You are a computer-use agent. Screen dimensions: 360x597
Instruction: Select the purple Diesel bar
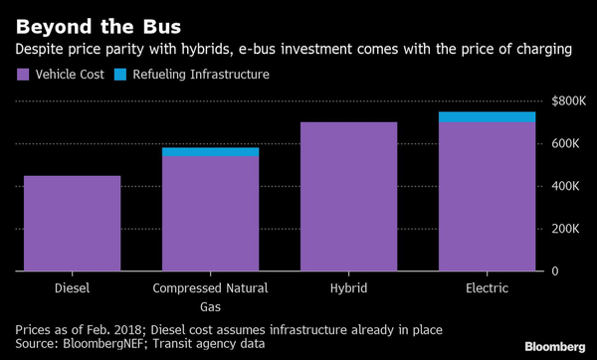click(x=72, y=224)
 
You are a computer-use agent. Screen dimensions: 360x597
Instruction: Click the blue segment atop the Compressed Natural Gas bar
click(x=210, y=152)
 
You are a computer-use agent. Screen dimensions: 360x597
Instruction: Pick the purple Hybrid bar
click(x=348, y=197)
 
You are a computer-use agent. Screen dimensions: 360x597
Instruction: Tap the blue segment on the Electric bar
click(x=488, y=117)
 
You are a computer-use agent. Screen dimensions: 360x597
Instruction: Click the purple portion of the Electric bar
click(x=488, y=197)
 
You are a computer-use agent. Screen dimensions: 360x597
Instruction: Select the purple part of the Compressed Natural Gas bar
click(x=210, y=214)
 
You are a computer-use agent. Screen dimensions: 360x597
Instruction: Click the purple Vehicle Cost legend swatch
click(x=23, y=75)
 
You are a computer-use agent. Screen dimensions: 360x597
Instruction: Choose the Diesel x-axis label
click(x=72, y=288)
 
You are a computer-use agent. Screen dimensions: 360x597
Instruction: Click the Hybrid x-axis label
click(x=348, y=288)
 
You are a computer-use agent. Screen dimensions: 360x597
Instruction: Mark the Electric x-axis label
click(x=488, y=288)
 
